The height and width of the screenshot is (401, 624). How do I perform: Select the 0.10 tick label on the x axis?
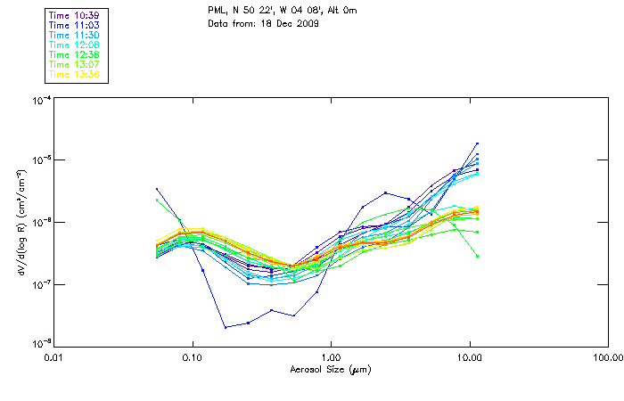pos(193,358)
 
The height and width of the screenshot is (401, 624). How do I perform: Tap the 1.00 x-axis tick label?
pos(332,358)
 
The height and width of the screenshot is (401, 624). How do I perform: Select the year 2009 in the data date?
pos(308,23)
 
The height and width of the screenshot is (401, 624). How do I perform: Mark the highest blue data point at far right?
pos(477,143)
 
